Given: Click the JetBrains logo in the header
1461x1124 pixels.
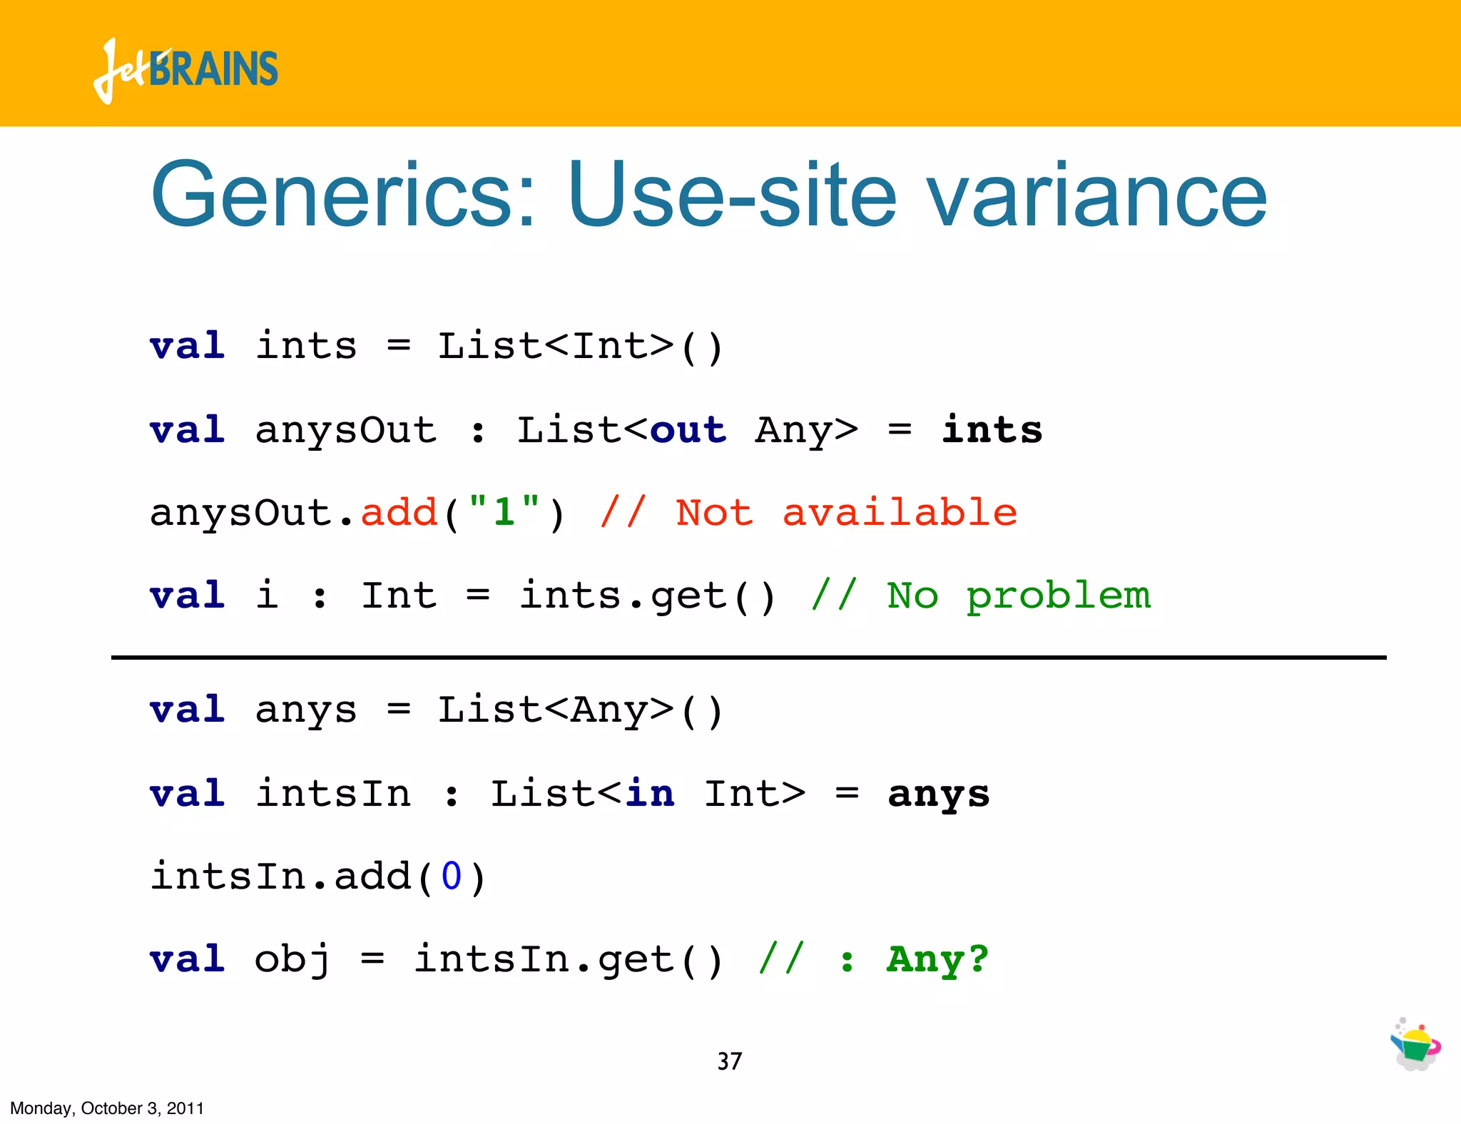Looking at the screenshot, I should point(185,70).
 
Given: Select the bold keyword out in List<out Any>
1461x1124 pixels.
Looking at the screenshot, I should point(688,430).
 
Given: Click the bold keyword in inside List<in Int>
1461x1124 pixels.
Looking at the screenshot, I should point(649,794).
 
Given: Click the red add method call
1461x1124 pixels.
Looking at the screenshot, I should point(399,512).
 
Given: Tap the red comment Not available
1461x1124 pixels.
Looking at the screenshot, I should point(845,512).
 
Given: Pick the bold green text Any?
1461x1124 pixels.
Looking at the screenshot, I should point(937,959).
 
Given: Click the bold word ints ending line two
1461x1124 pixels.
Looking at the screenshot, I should point(992,430).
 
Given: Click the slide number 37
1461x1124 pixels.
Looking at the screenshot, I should point(729,1061).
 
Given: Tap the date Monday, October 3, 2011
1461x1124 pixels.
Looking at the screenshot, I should point(107,1108).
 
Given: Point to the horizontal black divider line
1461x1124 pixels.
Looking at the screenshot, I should point(749,657).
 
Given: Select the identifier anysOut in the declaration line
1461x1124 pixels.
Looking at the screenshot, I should point(346,430).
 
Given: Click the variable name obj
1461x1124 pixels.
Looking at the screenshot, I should point(292,959).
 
